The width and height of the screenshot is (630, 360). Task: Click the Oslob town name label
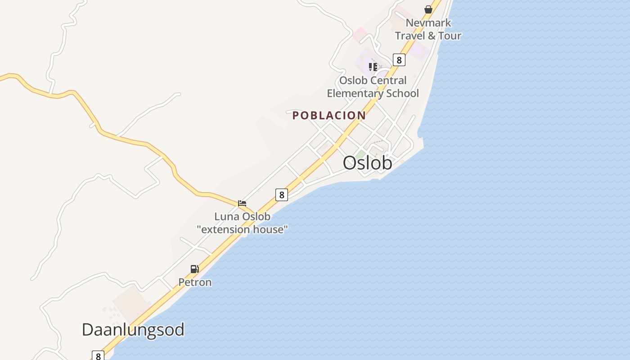click(x=367, y=163)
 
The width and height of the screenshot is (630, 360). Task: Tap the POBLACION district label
click(x=329, y=115)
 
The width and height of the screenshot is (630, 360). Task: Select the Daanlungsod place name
click(x=133, y=330)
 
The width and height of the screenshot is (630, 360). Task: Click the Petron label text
click(x=195, y=282)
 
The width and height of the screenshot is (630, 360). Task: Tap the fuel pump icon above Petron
click(x=194, y=269)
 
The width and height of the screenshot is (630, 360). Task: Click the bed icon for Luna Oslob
click(x=242, y=203)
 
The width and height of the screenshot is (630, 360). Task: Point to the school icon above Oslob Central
click(x=373, y=67)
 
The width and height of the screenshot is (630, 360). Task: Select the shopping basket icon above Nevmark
click(x=428, y=9)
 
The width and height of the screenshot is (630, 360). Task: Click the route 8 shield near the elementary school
click(x=399, y=59)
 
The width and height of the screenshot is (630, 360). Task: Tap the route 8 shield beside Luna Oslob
click(x=282, y=194)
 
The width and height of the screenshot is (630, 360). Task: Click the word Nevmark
click(x=428, y=22)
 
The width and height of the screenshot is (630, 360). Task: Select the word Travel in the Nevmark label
click(x=409, y=36)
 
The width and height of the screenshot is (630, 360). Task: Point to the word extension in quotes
click(x=226, y=229)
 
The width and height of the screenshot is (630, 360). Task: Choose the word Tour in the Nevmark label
click(x=450, y=36)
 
